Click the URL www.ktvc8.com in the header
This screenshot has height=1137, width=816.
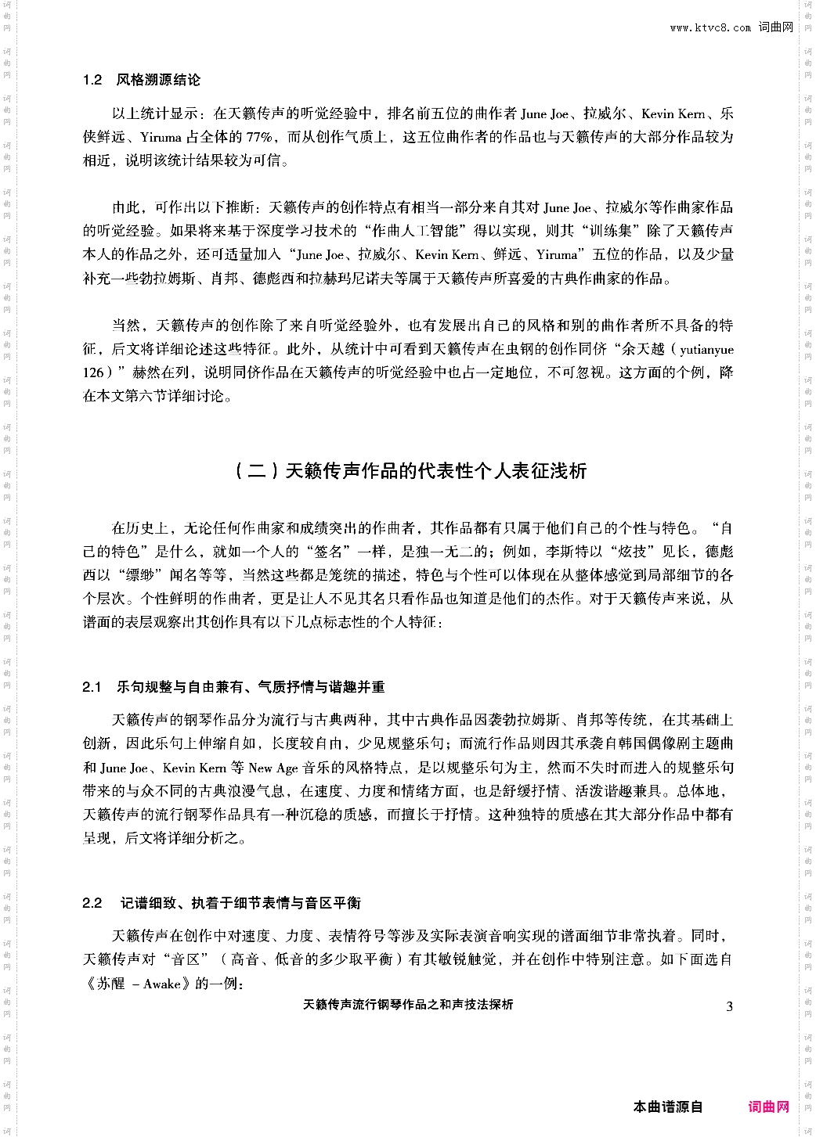[x=709, y=27]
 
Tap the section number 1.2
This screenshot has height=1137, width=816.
[x=92, y=80]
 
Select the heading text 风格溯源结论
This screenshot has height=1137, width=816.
[x=158, y=80]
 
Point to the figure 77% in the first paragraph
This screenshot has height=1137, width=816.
[x=259, y=137]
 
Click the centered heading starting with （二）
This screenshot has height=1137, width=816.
[x=410, y=470]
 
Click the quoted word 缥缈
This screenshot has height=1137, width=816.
[x=147, y=575]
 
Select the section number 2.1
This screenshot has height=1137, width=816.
[x=92, y=687]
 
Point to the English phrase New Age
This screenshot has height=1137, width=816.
[x=273, y=768]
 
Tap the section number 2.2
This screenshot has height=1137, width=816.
[x=92, y=903]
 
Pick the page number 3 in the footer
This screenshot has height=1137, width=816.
[x=729, y=1006]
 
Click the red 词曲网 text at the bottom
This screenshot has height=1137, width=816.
[x=768, y=1106]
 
